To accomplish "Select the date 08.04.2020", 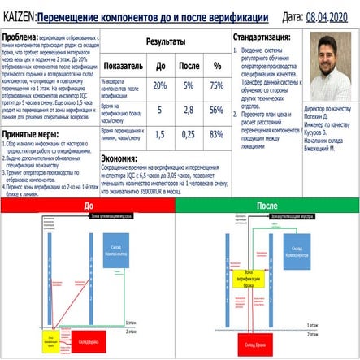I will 329,15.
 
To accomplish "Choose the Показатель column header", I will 124,65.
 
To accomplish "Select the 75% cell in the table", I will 217,85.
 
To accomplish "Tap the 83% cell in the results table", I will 217,134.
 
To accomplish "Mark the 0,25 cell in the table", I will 188,134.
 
